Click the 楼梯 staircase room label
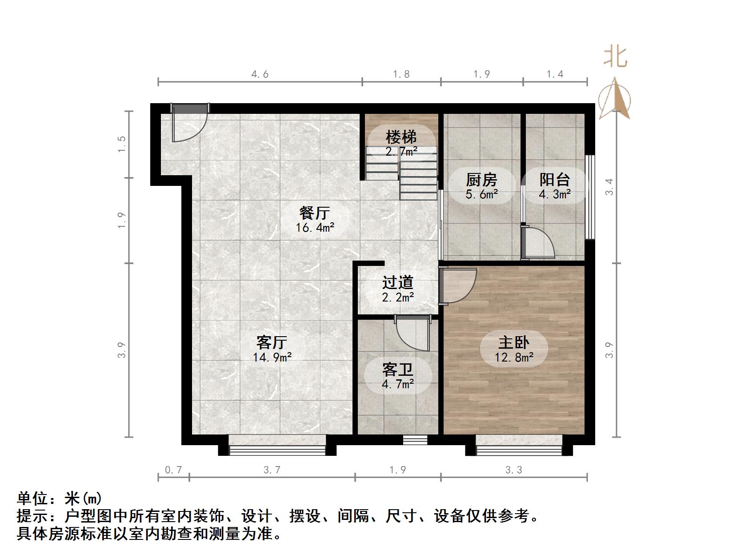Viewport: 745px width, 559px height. (401, 137)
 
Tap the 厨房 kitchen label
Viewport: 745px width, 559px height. (481, 180)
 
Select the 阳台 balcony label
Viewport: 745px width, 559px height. (555, 180)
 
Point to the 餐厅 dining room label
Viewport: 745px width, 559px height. (314, 213)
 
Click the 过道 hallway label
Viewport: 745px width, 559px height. (398, 282)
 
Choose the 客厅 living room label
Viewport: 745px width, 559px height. (272, 342)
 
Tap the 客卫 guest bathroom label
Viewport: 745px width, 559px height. (398, 370)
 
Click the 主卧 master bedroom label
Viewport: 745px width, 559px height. (514, 342)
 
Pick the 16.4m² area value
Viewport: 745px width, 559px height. (315, 228)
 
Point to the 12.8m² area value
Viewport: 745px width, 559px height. (514, 357)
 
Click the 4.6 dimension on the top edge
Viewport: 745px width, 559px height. (260, 74)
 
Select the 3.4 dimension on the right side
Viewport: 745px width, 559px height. (609, 187)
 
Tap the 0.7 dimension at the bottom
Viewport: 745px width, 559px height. (173, 470)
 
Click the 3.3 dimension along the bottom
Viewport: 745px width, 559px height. (514, 470)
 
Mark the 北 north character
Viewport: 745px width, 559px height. (615, 57)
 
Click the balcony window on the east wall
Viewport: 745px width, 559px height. (590, 197)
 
